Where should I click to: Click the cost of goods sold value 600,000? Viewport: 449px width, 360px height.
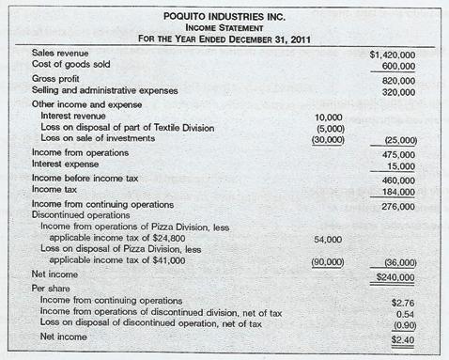[398, 67]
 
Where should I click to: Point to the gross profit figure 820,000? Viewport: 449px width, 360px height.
[398, 82]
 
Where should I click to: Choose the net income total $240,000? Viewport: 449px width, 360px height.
[395, 278]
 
